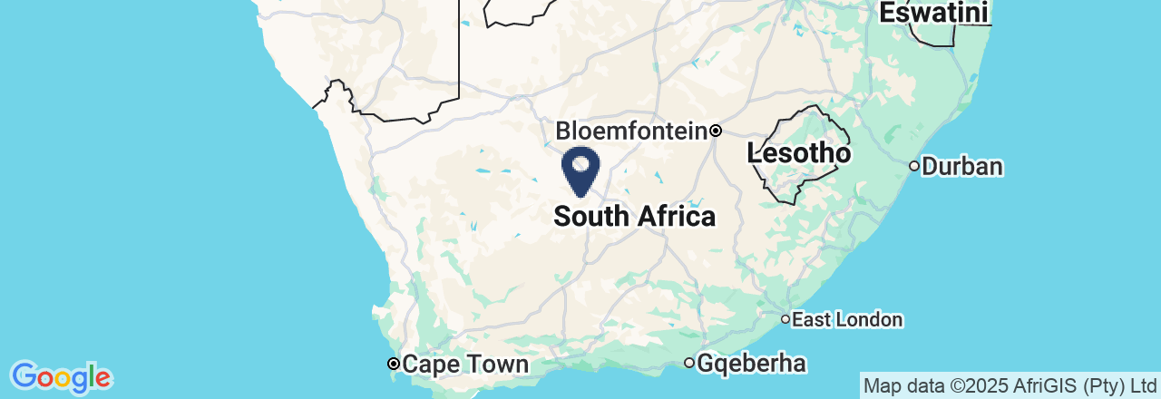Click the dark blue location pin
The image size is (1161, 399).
tap(581, 171)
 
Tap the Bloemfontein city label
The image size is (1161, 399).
tap(631, 131)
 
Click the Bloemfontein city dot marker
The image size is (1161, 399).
tap(716, 131)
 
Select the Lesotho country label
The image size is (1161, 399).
tap(799, 154)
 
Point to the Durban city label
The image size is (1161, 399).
tap(962, 167)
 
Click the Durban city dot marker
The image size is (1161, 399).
tap(914, 166)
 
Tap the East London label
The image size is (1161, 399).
tap(847, 319)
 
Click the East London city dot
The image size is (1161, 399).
tap(785, 319)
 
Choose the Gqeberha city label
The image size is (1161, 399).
tap(752, 364)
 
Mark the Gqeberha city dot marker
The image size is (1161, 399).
tap(689, 364)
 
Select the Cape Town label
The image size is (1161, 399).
tap(464, 365)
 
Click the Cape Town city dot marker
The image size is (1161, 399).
tap(394, 365)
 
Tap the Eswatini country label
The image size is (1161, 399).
tap(934, 14)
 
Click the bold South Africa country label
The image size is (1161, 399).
tap(634, 217)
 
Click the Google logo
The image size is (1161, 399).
tap(61, 376)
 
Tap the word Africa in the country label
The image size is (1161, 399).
tap(676, 217)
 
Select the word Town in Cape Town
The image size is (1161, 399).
tap(495, 365)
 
